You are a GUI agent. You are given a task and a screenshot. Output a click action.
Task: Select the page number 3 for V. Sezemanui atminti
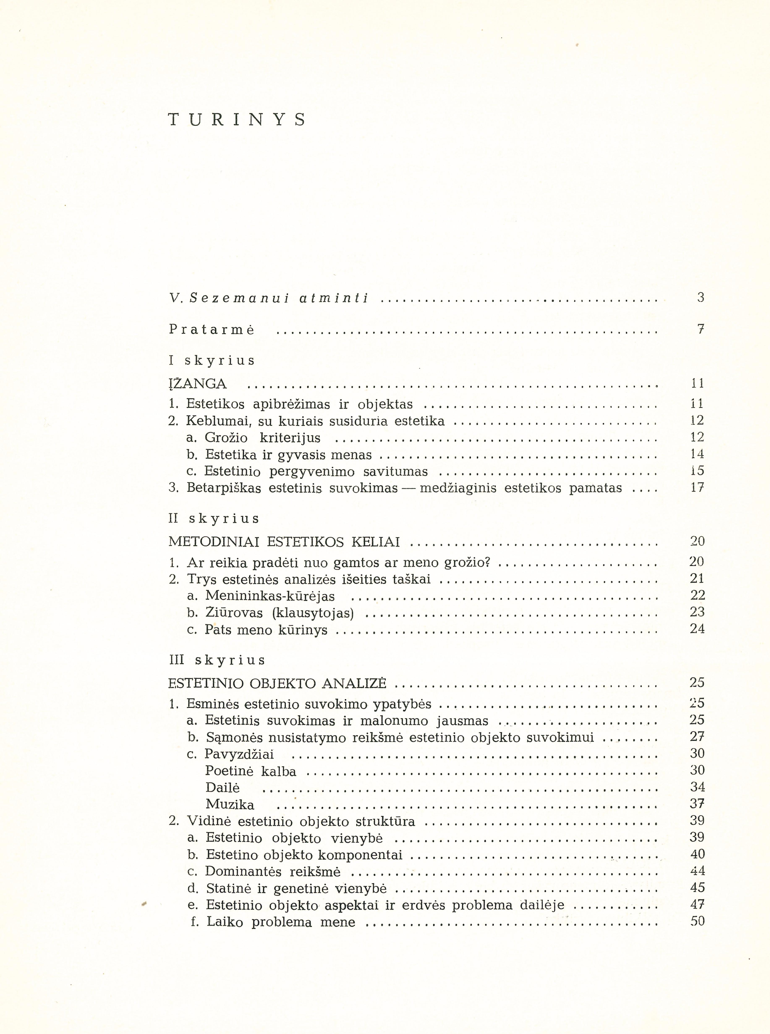tap(701, 297)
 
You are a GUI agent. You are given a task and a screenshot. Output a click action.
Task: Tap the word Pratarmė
tap(212, 330)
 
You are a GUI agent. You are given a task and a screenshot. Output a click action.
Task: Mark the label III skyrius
tap(217, 660)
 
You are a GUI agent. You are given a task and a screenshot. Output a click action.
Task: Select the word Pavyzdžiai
tap(239, 754)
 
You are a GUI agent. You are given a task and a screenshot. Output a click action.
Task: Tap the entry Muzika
tap(230, 805)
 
